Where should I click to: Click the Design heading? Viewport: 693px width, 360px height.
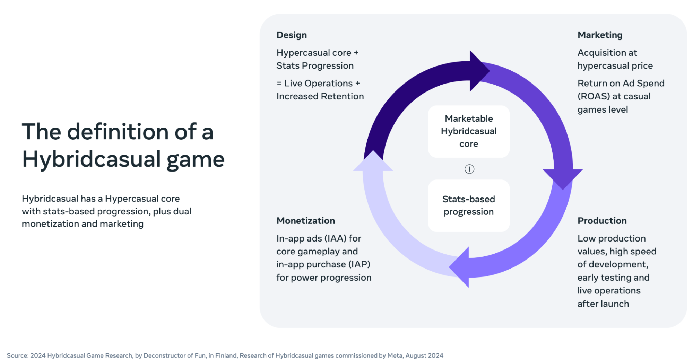[x=292, y=35]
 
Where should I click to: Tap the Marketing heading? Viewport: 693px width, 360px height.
[x=600, y=35]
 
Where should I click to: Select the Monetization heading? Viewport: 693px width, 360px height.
[x=305, y=221]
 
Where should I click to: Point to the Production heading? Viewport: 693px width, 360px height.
[x=602, y=221]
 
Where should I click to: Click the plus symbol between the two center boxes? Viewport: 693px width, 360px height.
[x=469, y=169]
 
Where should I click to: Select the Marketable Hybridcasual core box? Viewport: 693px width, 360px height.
[x=469, y=131]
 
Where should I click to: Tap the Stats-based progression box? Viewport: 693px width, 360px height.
[x=469, y=205]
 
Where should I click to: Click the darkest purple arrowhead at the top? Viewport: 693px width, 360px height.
[x=478, y=71]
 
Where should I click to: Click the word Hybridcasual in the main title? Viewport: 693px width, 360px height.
[x=92, y=159]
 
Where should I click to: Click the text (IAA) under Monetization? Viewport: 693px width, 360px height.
[x=335, y=238]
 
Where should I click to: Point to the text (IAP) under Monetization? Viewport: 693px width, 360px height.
[x=360, y=264]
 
